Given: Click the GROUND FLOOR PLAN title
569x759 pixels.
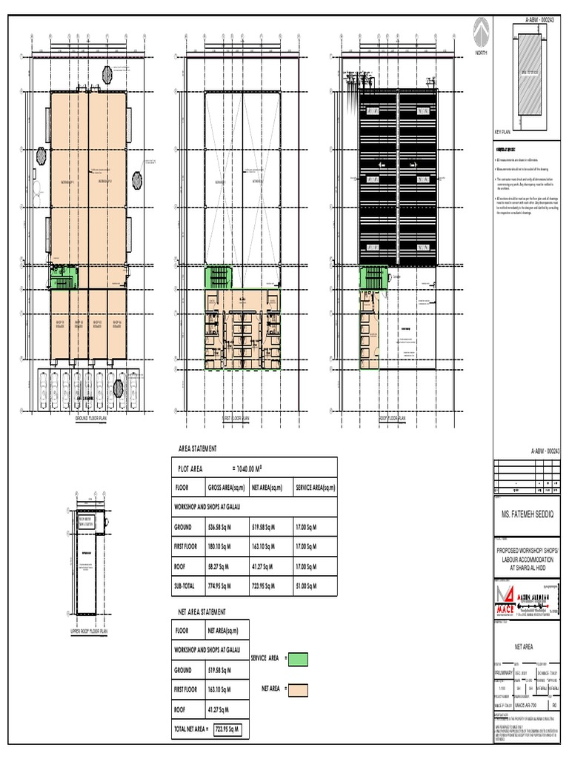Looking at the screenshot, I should pos(92,418).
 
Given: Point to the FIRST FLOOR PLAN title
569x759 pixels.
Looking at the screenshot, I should pos(238,418).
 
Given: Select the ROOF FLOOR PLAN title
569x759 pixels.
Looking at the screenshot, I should pos(393,418).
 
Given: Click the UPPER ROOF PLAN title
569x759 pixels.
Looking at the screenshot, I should pos(89,632).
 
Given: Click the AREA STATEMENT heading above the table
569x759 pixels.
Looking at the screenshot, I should pos(198,449).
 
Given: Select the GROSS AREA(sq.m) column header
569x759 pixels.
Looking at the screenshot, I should pos(226,488).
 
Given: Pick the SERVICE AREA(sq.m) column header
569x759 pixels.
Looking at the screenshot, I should pos(315,488).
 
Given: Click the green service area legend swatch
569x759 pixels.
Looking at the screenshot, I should pos(296,658).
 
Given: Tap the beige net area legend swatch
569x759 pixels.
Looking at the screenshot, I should pos(296,689).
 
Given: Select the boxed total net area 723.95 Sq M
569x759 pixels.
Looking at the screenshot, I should pos(227,729).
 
